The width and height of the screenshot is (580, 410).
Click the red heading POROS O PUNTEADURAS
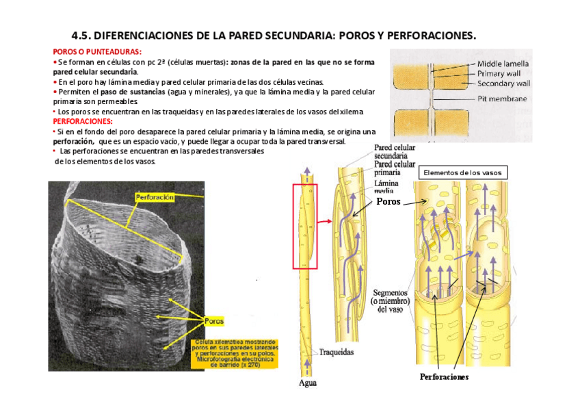(97, 52)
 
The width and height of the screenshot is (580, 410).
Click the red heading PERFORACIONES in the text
(82, 120)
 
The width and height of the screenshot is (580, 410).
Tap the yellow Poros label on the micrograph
(214, 320)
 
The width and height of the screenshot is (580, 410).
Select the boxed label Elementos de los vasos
(462, 173)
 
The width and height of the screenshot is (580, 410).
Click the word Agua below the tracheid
(308, 383)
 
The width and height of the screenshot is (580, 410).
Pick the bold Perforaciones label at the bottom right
(445, 377)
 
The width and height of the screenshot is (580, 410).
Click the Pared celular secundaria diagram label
(395, 152)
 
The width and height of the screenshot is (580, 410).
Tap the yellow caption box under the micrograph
(234, 353)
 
